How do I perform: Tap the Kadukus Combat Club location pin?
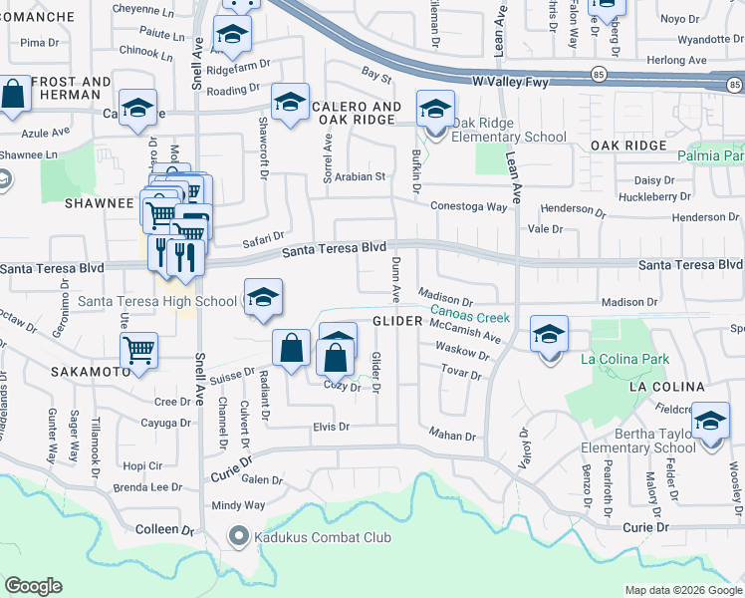coord(237,537)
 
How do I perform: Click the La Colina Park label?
coord(625,359)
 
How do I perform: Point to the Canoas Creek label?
coord(470,315)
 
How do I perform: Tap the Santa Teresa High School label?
coord(157,301)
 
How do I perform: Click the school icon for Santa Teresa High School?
coord(263,298)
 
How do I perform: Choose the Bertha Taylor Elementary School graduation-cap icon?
coord(710,422)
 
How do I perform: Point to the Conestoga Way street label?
coord(469,206)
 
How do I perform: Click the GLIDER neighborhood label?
coord(399,321)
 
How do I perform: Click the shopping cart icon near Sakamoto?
coord(138,351)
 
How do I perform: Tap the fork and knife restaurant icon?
coord(185,256)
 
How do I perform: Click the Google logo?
coord(33,586)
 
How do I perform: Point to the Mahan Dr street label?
coord(453,436)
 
